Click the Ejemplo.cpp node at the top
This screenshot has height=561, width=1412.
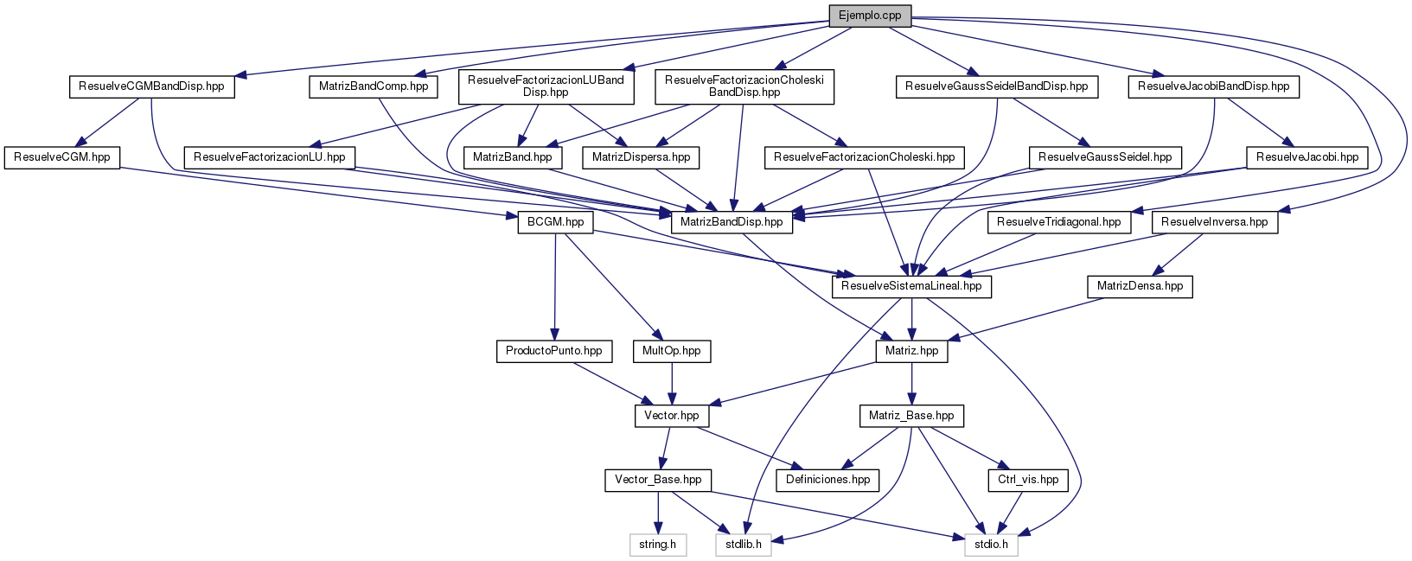[x=870, y=16]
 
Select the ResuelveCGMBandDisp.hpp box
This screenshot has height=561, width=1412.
[x=151, y=86]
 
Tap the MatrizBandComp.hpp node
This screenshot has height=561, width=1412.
[x=374, y=86]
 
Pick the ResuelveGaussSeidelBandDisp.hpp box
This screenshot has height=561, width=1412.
[x=996, y=86]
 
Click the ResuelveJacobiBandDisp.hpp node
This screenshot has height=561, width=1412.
[x=1213, y=86]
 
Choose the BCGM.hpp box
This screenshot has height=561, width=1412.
[x=554, y=222]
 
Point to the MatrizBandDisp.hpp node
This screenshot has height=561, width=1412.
[x=732, y=222]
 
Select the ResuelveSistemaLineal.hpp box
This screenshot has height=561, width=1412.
[x=911, y=286]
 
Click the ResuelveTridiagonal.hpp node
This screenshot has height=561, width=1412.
[x=1058, y=222]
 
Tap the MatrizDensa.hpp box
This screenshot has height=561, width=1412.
[x=1140, y=286]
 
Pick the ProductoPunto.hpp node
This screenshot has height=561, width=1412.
[x=554, y=351]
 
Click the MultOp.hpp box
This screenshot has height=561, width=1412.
[x=672, y=351]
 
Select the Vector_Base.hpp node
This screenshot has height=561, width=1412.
[x=658, y=480]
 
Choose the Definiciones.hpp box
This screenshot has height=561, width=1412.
[x=828, y=480]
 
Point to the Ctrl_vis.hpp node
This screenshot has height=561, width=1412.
[x=1027, y=480]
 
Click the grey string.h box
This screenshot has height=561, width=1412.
[x=658, y=545]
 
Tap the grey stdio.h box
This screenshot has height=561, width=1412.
[x=991, y=545]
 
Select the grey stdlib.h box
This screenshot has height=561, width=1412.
[x=744, y=545]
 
